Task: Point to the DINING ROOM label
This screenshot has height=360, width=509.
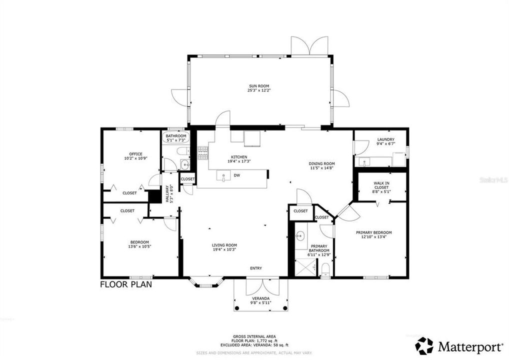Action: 321,163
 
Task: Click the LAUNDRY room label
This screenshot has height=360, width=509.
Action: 385,139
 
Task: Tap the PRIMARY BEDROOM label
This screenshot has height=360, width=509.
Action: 373,232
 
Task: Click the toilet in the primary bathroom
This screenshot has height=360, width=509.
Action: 325,270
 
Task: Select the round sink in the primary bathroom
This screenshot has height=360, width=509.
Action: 300,237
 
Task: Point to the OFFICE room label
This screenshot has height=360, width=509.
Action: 135,154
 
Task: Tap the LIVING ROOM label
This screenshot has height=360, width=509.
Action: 224,245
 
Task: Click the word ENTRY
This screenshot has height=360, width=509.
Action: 256,268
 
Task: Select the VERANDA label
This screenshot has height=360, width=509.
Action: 260,298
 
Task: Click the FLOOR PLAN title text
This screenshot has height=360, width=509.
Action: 126,284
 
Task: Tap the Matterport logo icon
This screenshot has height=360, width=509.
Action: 424,345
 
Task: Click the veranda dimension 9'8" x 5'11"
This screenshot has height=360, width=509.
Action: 260,303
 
